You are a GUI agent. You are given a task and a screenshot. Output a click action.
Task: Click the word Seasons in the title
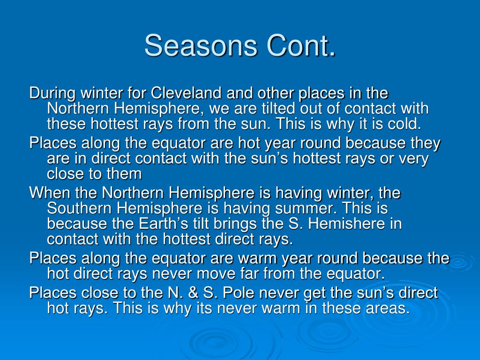pos(201,45)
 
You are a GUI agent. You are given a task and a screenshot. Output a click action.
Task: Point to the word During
pos(52,93)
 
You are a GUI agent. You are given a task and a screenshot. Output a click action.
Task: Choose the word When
pos(50,193)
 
